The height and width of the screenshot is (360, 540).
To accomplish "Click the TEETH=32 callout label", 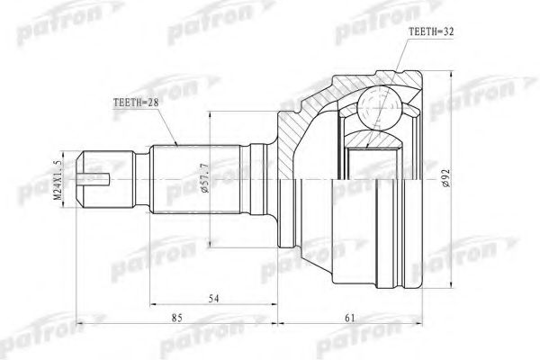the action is tap(431, 31).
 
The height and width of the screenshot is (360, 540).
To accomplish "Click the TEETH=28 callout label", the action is tap(136, 103).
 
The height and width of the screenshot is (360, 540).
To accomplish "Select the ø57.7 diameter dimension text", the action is tap(204, 178).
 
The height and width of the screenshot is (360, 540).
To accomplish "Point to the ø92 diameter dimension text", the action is tap(446, 178).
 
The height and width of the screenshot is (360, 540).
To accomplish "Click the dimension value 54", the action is tap(213, 299).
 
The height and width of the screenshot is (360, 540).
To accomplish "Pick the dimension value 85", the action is tap(177, 318).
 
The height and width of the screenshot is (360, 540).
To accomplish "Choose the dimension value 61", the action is tap(349, 318).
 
